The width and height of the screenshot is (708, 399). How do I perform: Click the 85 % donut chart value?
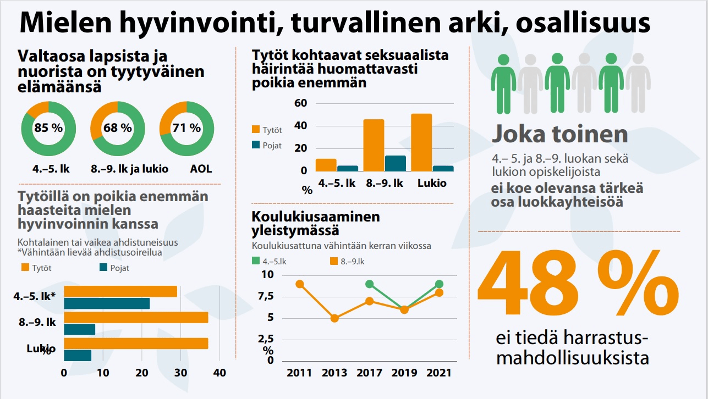coord(48,129)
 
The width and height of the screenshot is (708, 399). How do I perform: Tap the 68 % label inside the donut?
coord(118,129)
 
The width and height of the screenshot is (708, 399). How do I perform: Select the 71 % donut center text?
coord(186,129)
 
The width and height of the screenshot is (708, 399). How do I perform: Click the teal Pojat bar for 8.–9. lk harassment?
coord(396,163)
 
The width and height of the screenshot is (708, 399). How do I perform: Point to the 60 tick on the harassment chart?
coord(300,103)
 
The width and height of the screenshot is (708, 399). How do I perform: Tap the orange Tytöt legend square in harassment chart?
coord(256,130)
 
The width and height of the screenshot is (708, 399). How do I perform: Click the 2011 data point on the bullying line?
coord(300,284)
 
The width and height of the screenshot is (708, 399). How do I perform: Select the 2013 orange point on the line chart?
coord(334,318)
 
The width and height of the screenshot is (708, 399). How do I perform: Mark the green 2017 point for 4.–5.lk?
coord(370,284)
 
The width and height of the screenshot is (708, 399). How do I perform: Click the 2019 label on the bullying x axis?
coord(404,373)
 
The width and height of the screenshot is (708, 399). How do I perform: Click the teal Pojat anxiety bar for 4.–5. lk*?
coord(107,303)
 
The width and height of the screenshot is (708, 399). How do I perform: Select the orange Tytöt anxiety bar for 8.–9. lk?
coord(136,318)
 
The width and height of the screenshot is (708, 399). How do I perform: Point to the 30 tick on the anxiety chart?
coord(181,373)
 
